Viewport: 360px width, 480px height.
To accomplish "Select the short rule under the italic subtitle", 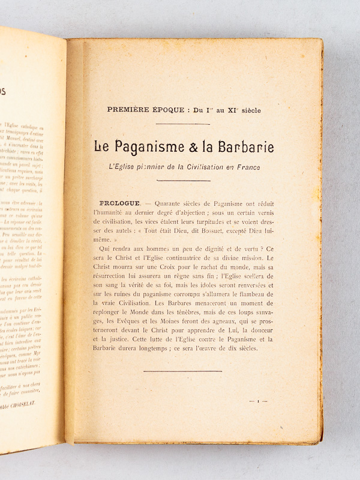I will point(182,179).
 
